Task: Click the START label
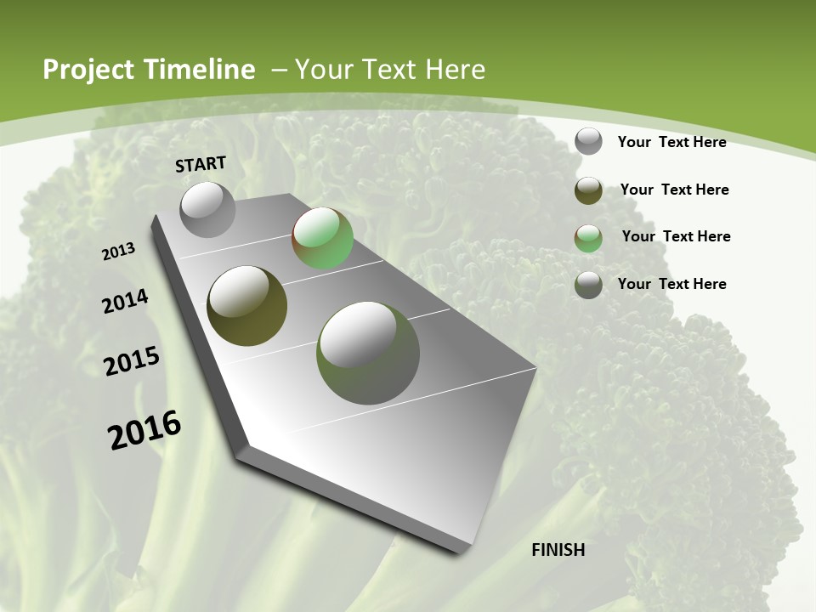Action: [x=201, y=164]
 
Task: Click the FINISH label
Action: [x=558, y=550]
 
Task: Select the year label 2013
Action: [x=118, y=252]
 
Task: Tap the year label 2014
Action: [x=125, y=302]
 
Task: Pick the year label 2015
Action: [x=131, y=361]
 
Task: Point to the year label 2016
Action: [x=144, y=430]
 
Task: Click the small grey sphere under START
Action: [x=207, y=209]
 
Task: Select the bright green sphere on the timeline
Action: [x=322, y=239]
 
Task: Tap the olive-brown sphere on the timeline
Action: [x=246, y=306]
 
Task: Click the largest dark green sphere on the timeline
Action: [x=367, y=353]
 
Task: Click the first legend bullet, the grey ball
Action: [x=588, y=142]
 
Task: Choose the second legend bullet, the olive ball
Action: [x=588, y=190]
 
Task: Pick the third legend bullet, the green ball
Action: [x=588, y=238]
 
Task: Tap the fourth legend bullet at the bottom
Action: [x=588, y=285]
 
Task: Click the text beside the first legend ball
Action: [x=671, y=142]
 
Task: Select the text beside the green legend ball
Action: [x=676, y=236]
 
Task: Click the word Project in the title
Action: [x=87, y=70]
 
